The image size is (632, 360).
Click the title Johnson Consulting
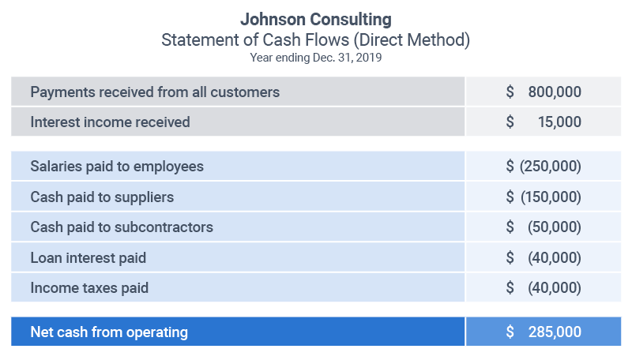tap(316, 18)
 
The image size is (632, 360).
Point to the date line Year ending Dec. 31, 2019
tap(316, 57)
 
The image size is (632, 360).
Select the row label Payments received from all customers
tap(155, 92)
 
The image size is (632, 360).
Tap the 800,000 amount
tap(555, 92)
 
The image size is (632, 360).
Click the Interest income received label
tap(110, 122)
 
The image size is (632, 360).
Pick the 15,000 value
tap(559, 122)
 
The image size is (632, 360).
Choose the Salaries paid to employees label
tap(117, 167)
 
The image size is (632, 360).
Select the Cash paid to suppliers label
tap(102, 197)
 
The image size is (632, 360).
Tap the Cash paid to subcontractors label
tap(122, 227)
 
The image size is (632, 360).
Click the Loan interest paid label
tap(88, 257)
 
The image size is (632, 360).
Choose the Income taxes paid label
tap(89, 288)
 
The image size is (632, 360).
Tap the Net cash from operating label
tap(109, 332)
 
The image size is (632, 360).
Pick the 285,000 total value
tap(555, 332)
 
